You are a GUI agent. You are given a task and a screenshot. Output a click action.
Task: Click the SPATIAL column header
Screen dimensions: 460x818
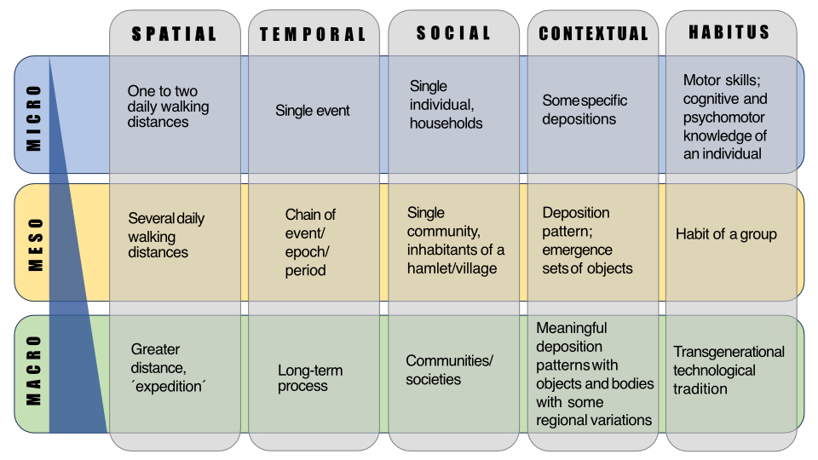pyautogui.click(x=174, y=35)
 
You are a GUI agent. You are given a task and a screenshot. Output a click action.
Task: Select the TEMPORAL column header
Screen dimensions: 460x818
pyautogui.click(x=313, y=35)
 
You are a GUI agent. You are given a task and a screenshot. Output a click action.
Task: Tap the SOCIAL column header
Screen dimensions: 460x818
pyautogui.click(x=453, y=33)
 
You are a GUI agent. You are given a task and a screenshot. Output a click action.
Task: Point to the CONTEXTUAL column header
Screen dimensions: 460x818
pyautogui.click(x=593, y=35)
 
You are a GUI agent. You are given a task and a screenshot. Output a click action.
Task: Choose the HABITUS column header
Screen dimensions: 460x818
pyautogui.click(x=729, y=32)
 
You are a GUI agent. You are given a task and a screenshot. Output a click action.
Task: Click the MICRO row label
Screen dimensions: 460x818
pyautogui.click(x=34, y=117)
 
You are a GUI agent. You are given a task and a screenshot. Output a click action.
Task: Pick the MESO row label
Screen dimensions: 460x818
pyautogui.click(x=34, y=244)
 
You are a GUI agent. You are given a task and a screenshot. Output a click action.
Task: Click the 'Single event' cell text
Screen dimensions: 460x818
pyautogui.click(x=313, y=110)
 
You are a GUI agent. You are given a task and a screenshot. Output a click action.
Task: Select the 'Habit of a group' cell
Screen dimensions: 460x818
pyautogui.click(x=726, y=234)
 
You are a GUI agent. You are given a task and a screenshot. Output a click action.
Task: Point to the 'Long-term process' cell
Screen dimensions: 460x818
pyautogui.click(x=310, y=378)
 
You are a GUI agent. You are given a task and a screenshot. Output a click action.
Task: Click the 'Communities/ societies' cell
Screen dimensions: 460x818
pyautogui.click(x=449, y=370)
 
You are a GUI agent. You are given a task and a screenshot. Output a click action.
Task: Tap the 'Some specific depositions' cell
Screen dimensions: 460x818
pyautogui.click(x=585, y=110)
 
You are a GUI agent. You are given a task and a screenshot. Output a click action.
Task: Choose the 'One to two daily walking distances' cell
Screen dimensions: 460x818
pyautogui.click(x=168, y=106)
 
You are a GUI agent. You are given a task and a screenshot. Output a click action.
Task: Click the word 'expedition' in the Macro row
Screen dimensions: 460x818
pyautogui.click(x=170, y=385)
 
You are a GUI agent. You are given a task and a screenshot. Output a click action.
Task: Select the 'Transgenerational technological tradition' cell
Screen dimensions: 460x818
pyautogui.click(x=729, y=370)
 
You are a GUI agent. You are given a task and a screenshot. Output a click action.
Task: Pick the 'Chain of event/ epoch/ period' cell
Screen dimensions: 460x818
pyautogui.click(x=310, y=243)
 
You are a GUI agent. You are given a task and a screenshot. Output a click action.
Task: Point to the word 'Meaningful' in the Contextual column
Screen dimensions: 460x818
pyautogui.click(x=572, y=328)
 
